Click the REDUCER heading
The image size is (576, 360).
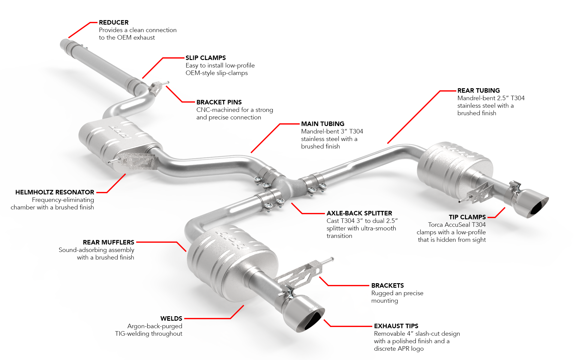tap(114, 22)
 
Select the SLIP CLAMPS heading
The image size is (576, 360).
tap(206, 58)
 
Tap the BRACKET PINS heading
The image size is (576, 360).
tap(219, 102)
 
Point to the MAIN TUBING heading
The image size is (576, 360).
tap(323, 124)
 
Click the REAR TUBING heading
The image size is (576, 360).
tap(478, 91)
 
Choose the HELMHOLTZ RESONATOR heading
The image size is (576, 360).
tap(55, 192)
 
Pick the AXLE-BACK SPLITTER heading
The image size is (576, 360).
tap(359, 213)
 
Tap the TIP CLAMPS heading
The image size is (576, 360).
tap(467, 217)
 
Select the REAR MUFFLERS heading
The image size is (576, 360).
tap(109, 242)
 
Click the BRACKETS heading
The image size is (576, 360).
tap(388, 286)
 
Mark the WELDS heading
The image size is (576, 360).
tap(171, 319)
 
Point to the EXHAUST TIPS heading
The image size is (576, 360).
tap(396, 326)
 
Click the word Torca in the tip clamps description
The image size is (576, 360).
tap(436, 225)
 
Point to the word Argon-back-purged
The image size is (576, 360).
tap(155, 326)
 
